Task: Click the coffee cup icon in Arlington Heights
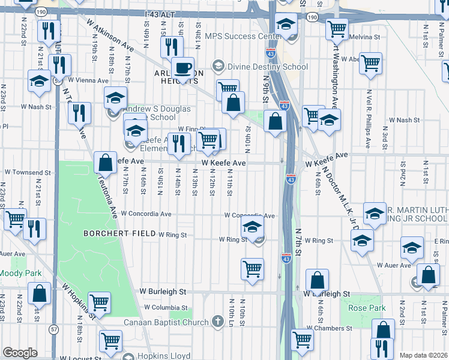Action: pos(182,68)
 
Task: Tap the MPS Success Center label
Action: pos(243,36)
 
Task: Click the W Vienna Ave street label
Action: pos(88,80)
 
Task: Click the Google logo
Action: pos(20,353)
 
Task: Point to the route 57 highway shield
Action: pos(55,329)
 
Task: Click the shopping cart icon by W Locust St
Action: pos(111,341)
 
